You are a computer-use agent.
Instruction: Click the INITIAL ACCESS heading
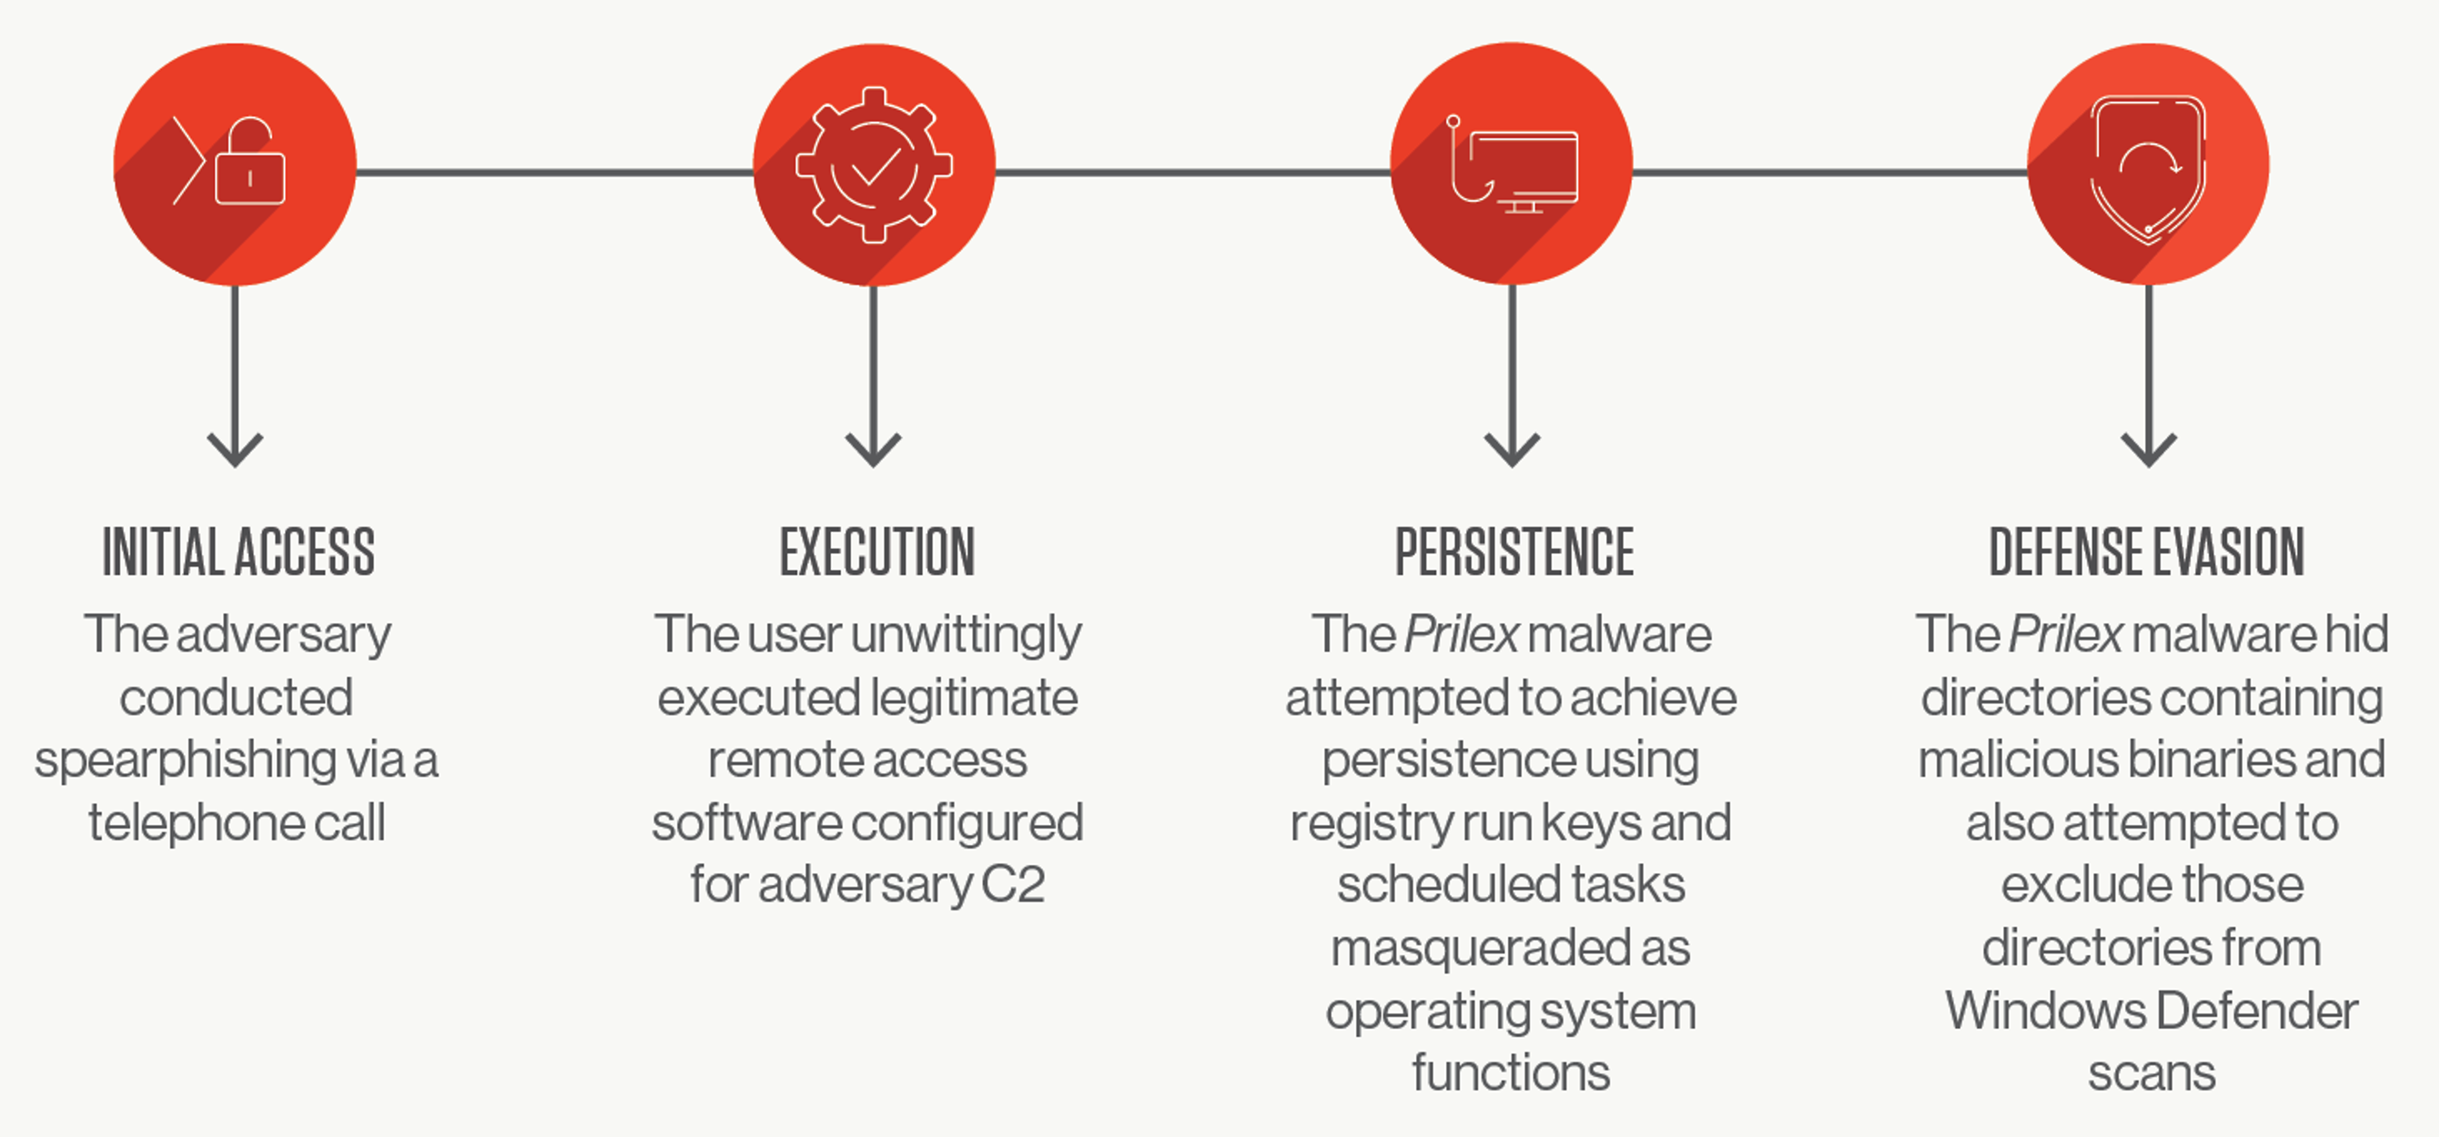tap(238, 552)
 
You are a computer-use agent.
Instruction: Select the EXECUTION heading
tap(877, 552)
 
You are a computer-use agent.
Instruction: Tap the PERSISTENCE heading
tap(1514, 552)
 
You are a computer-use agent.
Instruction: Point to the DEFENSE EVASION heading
tap(2146, 552)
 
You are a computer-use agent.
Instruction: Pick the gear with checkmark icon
tap(874, 165)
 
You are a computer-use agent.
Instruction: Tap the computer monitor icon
tap(1524, 171)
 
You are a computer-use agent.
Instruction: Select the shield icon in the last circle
tap(2148, 168)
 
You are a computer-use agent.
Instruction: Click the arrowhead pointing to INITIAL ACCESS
tap(235, 449)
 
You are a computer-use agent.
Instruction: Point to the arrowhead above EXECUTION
tap(874, 449)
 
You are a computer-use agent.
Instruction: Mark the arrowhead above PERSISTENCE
tap(1512, 449)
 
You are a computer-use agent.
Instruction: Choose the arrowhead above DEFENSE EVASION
tap(2148, 449)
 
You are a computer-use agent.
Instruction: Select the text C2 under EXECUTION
tap(1013, 885)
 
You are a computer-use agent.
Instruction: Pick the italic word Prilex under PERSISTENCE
tap(1462, 634)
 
